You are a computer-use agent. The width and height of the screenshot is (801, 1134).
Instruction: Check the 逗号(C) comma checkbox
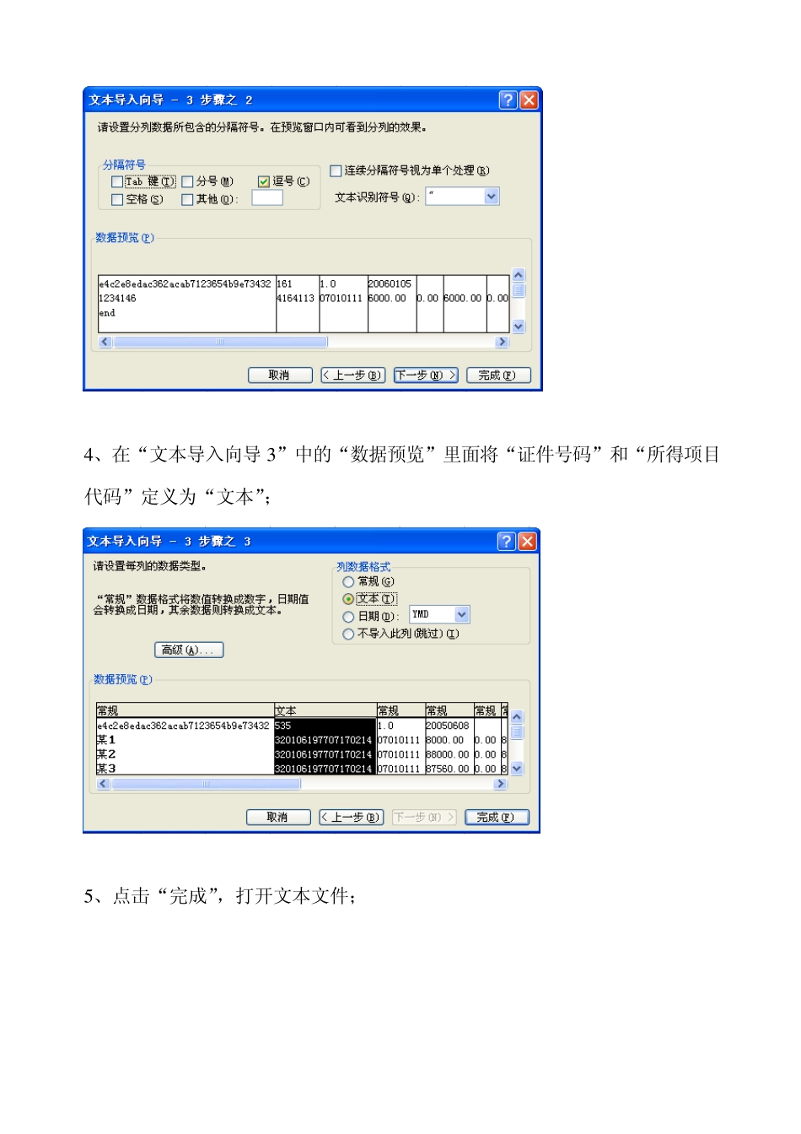264,181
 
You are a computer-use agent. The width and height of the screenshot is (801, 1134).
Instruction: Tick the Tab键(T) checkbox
117,181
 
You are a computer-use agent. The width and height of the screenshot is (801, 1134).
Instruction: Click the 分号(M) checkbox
188,181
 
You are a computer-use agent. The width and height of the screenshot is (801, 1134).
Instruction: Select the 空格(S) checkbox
117,200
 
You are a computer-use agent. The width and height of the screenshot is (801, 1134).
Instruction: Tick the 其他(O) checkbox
188,200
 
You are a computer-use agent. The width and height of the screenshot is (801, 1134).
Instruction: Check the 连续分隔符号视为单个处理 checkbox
336,170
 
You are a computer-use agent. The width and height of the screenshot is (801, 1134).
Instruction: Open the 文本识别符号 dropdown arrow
492,197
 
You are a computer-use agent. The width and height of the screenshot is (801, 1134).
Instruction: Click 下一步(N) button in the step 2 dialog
426,375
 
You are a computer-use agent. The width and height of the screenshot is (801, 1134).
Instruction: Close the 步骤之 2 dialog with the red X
529,100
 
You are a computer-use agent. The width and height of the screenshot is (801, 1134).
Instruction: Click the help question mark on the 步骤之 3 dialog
506,542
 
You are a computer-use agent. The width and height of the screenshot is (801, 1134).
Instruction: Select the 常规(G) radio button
348,582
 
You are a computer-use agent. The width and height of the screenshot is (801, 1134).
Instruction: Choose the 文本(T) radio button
348,599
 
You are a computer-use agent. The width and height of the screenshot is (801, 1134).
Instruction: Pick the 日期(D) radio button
348,617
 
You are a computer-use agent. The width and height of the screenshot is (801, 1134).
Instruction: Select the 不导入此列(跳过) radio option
348,634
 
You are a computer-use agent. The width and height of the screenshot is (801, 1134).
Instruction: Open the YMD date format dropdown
461,615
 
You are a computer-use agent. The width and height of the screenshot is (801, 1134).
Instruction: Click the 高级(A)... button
189,650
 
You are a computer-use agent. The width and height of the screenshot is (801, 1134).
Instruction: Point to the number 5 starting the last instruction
89,896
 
